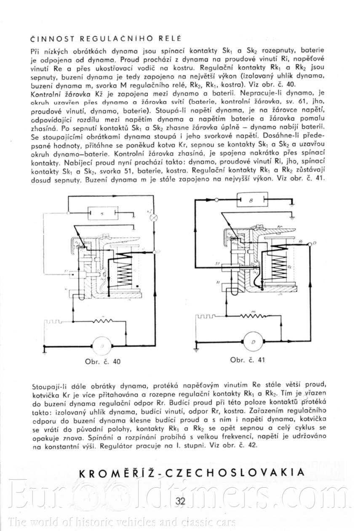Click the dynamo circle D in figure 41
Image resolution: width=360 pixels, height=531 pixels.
(253, 342)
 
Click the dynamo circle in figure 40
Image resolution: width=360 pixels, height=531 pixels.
(101, 345)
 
